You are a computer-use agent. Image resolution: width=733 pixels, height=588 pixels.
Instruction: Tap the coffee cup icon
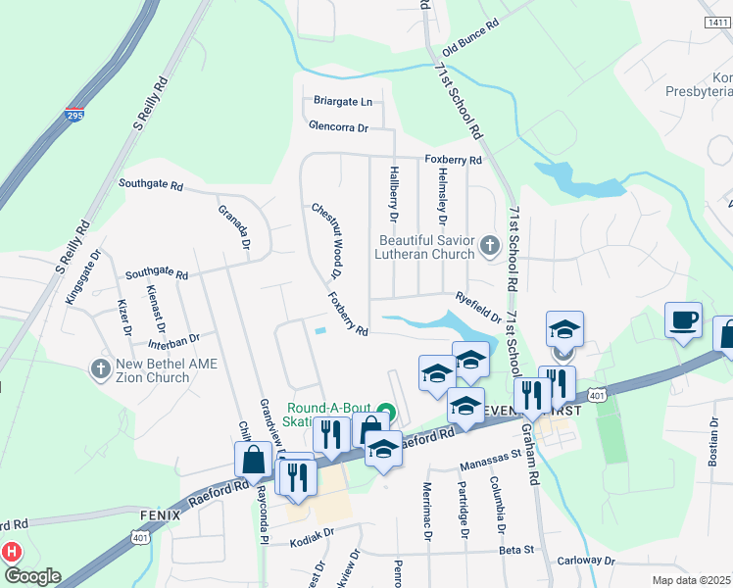click(x=683, y=319)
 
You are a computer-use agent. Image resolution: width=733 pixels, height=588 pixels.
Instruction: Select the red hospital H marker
click(x=12, y=552)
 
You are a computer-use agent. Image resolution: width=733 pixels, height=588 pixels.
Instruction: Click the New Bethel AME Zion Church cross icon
click(x=99, y=368)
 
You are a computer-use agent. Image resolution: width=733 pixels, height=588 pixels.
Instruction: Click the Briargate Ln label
click(x=343, y=101)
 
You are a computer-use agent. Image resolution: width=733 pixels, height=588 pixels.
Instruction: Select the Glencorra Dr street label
click(x=338, y=127)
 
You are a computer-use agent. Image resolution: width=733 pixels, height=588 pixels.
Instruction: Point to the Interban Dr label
click(x=160, y=338)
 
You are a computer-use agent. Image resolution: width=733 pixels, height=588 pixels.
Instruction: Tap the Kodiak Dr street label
click(x=313, y=531)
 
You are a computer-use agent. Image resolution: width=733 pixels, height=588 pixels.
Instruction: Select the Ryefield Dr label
click(x=478, y=308)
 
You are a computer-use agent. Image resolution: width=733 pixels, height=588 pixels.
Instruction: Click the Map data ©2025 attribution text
click(x=692, y=580)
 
